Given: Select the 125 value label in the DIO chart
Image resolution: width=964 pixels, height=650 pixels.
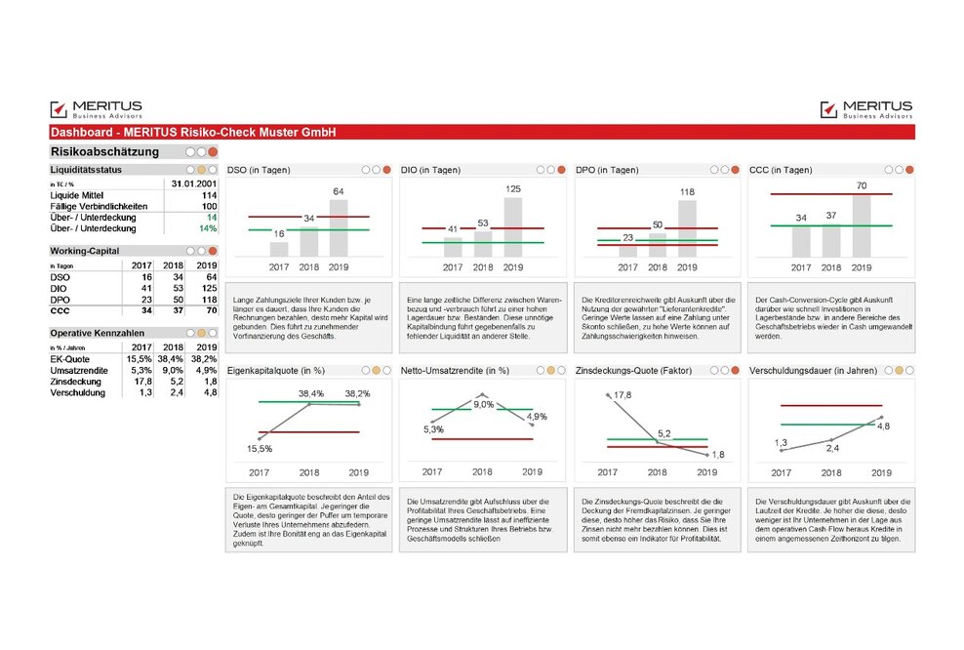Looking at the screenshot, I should (x=513, y=189).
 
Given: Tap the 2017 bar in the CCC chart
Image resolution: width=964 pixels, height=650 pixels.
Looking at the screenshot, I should (x=800, y=241).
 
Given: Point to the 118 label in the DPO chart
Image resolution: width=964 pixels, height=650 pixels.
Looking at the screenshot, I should (x=687, y=192).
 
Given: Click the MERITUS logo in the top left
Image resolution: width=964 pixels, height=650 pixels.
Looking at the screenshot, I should (x=96, y=109).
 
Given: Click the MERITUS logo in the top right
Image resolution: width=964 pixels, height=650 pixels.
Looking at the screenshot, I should (x=865, y=109).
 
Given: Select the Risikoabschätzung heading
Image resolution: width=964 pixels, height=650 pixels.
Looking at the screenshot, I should (x=104, y=152).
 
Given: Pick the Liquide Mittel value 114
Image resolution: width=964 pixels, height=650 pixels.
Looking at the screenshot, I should (x=209, y=195).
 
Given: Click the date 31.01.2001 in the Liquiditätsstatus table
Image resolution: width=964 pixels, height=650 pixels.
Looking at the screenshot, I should (x=193, y=183).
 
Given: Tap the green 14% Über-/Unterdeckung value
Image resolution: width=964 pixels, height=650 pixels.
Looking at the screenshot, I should (x=207, y=228).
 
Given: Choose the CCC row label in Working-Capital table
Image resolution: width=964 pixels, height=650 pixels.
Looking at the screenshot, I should (x=60, y=310).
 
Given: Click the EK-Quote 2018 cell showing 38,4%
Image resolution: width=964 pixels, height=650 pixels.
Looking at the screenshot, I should (x=174, y=358).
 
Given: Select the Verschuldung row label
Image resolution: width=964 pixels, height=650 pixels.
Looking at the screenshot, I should (x=77, y=393).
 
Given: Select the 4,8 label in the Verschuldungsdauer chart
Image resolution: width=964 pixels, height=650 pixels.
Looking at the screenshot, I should (x=882, y=427).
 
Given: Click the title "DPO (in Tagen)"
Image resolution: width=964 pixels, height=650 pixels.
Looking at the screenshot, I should (x=612, y=170).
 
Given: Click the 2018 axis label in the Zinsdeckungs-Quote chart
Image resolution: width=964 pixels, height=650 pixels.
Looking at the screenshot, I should (x=657, y=471).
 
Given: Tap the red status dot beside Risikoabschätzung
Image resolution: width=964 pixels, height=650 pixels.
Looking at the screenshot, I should (x=213, y=152).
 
